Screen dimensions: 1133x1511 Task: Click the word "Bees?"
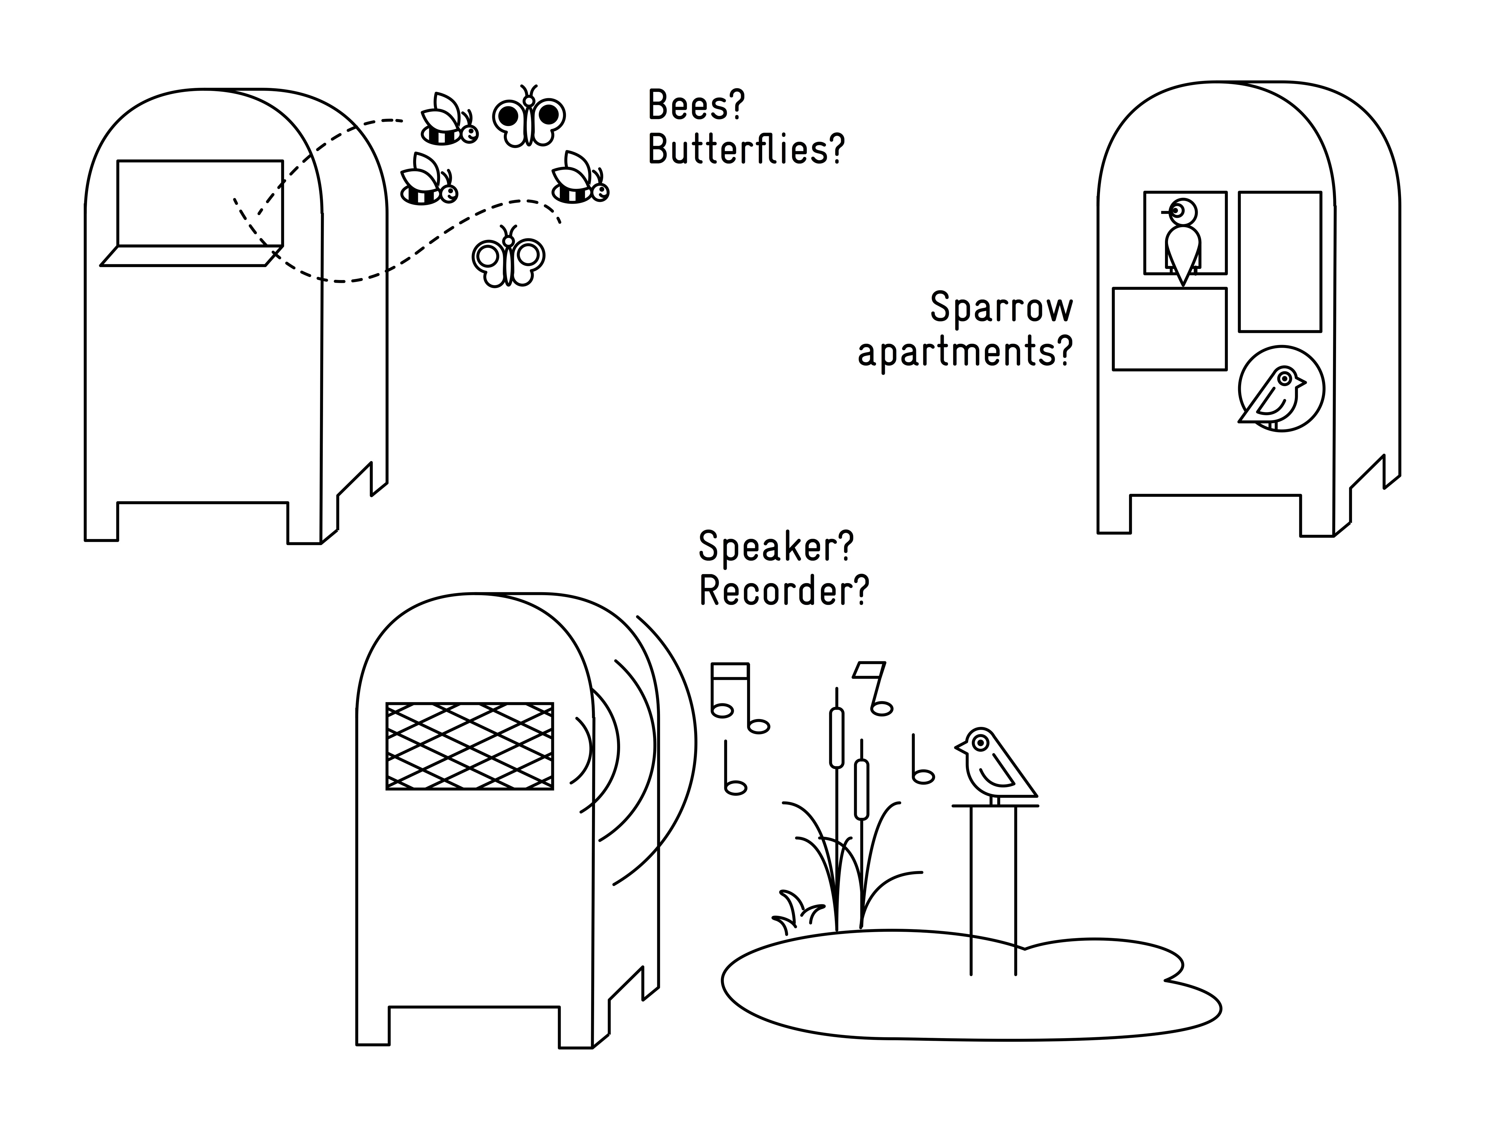[695, 106]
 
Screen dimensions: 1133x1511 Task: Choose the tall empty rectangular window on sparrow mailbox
[1280, 262]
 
